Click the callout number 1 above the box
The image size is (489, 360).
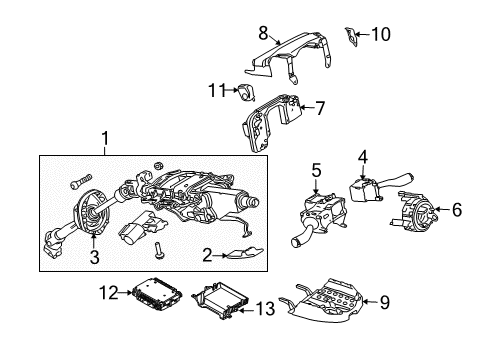(105, 138)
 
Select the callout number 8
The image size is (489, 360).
(263, 33)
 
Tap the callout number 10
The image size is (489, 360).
(381, 34)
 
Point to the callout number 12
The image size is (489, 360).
(109, 292)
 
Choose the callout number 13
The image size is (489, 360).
(265, 309)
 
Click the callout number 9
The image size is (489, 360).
(385, 302)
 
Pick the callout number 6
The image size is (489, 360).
(457, 210)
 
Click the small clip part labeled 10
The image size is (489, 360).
(350, 36)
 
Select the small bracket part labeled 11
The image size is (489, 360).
(246, 92)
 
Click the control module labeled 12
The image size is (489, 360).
(157, 293)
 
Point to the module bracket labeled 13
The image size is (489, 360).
(220, 299)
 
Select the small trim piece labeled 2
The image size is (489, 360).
(245, 253)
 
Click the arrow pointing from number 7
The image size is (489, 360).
(307, 107)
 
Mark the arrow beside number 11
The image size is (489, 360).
(232, 90)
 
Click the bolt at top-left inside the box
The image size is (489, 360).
(81, 181)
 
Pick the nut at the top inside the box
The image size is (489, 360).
(158, 166)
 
